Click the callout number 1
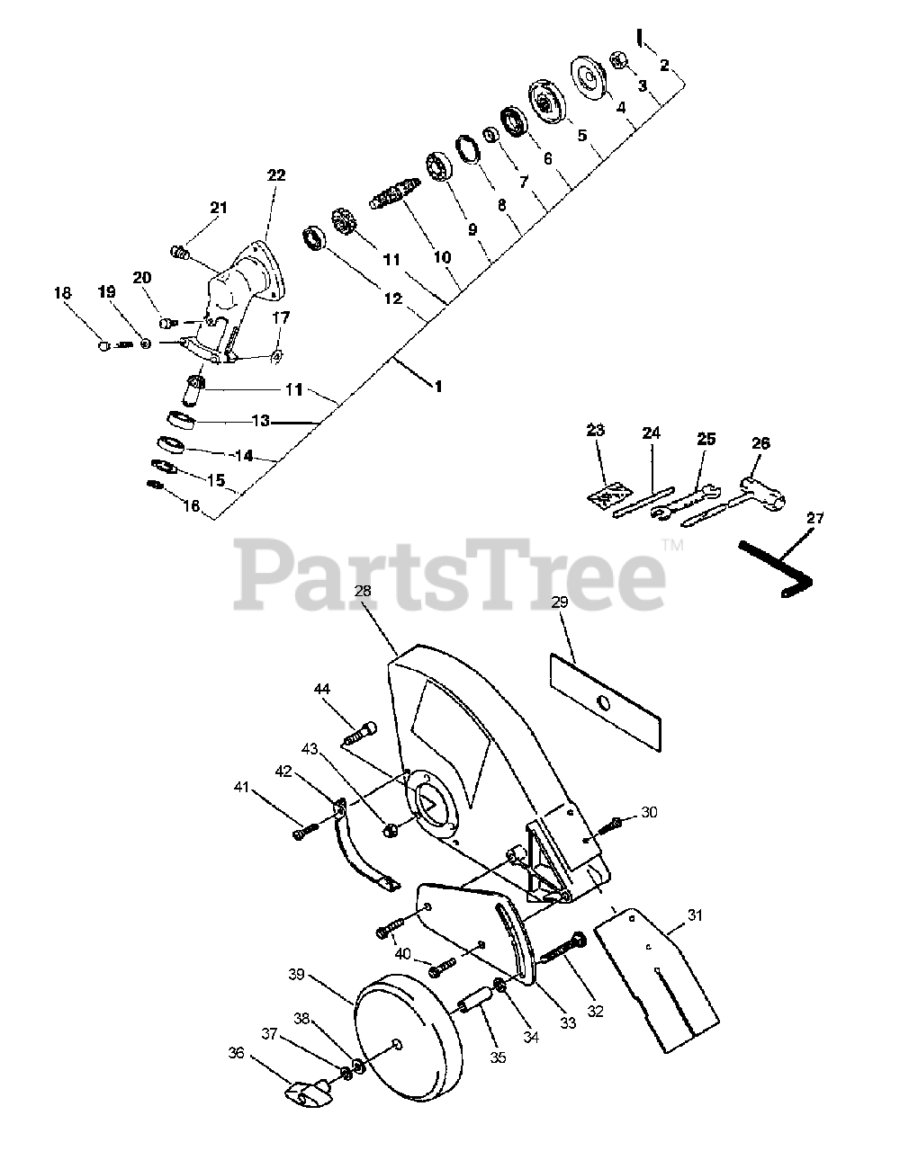[438, 387]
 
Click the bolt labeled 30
[612, 821]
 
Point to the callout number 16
[191, 506]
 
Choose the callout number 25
[706, 439]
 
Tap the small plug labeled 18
[105, 344]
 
